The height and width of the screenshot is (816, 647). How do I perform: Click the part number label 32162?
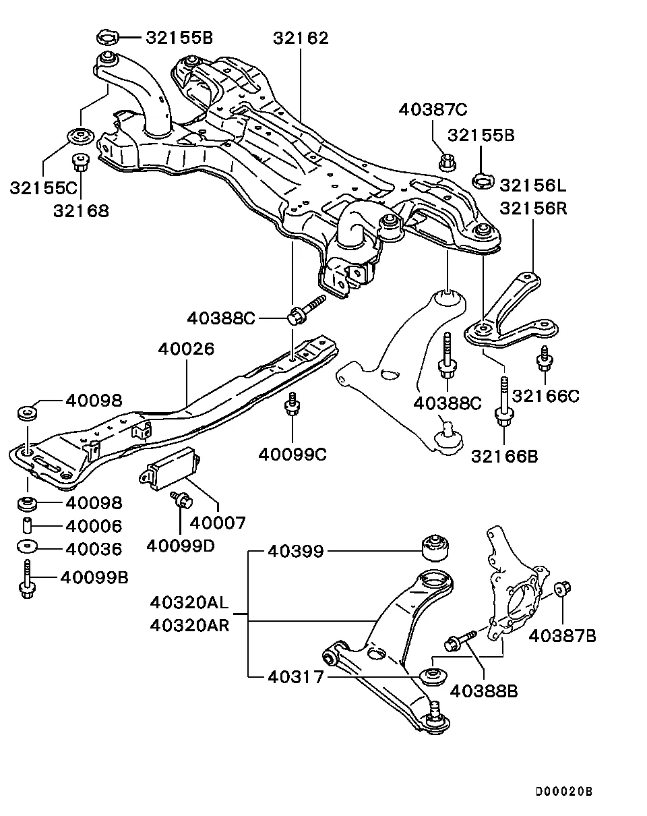tap(301, 38)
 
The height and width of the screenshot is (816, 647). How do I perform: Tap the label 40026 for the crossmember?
tap(186, 349)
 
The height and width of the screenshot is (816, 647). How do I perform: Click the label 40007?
tap(218, 523)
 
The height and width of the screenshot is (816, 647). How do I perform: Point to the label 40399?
tap(296, 552)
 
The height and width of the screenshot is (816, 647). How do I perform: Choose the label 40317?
tap(296, 677)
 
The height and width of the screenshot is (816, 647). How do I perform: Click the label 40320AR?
tap(189, 626)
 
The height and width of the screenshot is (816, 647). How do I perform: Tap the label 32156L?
tap(533, 185)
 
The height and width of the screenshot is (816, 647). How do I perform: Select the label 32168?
tap(81, 211)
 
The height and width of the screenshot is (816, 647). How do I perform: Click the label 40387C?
tap(433, 109)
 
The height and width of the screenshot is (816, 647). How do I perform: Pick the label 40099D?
tap(181, 546)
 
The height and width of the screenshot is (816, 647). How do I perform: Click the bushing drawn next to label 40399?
tap(435, 548)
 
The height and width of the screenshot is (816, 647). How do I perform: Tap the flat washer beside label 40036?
tap(28, 546)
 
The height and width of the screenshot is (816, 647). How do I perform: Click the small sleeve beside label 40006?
tap(27, 525)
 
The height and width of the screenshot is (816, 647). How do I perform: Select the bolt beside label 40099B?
tap(27, 579)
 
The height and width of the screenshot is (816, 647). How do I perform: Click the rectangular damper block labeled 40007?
tap(170, 468)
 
